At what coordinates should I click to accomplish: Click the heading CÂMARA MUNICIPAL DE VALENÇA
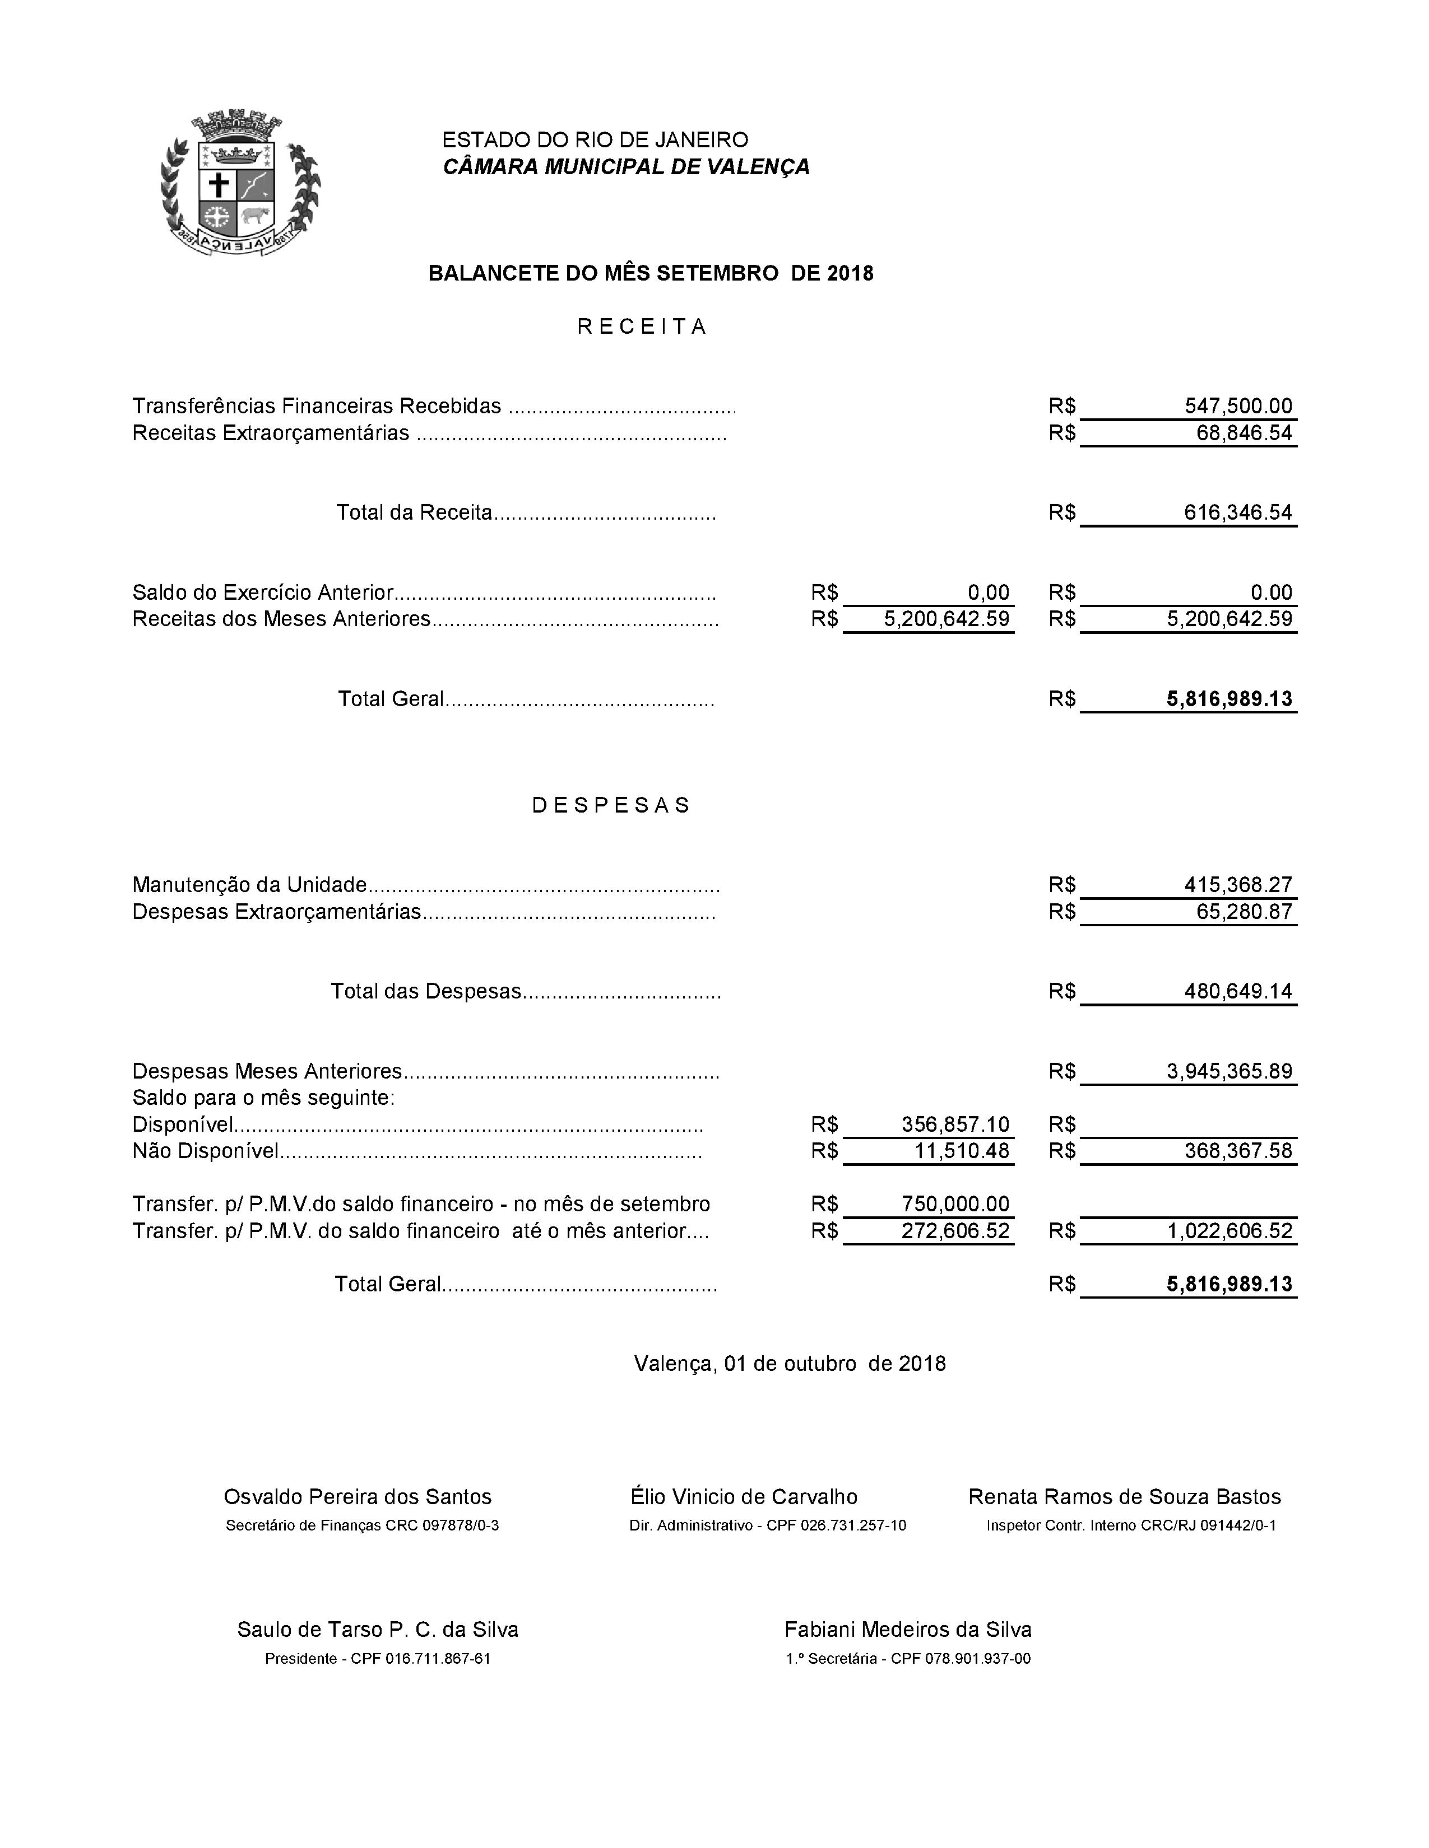(x=625, y=167)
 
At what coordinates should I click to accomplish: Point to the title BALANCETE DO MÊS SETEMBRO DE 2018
(x=650, y=273)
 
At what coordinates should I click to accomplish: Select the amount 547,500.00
(x=1238, y=406)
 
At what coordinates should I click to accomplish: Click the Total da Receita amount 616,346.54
(x=1238, y=512)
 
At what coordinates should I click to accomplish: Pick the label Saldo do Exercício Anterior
(x=262, y=592)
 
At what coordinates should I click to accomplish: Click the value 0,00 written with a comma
(x=988, y=592)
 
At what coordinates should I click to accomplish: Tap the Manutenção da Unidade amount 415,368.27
(x=1238, y=885)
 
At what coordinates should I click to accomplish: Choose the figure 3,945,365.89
(x=1229, y=1071)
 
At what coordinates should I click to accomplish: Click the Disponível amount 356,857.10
(x=955, y=1124)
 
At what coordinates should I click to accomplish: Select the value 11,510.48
(x=962, y=1151)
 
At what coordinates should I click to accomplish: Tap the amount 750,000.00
(x=955, y=1204)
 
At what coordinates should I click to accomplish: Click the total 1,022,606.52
(x=1229, y=1231)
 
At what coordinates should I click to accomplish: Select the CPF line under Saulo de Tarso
(x=378, y=1659)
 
